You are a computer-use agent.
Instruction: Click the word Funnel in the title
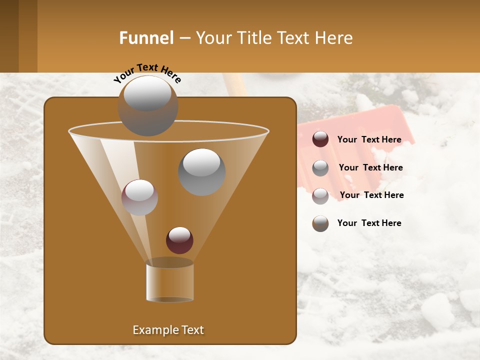146,38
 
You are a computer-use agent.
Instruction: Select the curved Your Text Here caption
147,73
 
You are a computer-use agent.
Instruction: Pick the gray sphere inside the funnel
201,172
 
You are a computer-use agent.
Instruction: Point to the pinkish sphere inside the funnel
139,198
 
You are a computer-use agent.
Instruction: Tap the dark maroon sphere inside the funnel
179,240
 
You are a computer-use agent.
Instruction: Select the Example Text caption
168,330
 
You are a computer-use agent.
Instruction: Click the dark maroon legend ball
320,139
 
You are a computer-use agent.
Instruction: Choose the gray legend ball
320,168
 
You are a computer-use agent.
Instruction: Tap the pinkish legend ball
320,196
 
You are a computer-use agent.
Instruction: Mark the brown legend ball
320,223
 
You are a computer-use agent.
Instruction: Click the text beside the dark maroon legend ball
369,139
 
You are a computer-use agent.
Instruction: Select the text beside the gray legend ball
370,167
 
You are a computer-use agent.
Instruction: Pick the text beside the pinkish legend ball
371,195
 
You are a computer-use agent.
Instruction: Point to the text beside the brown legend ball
369,223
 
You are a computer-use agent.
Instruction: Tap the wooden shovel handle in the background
235,85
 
